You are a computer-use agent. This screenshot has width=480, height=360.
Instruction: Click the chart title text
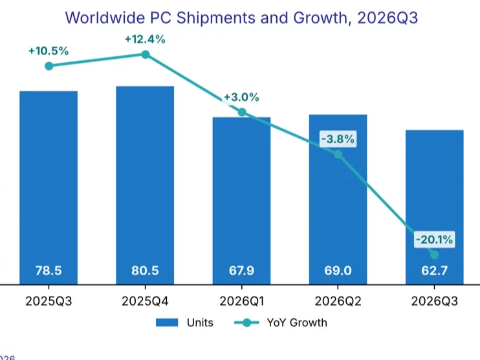[x=241, y=17]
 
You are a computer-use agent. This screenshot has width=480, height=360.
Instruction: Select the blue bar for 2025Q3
[x=49, y=188]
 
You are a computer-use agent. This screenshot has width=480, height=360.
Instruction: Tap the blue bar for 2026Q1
[x=241, y=201]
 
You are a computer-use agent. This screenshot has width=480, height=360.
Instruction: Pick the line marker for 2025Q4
[x=146, y=54]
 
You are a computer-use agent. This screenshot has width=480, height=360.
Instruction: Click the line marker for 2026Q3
[x=434, y=254]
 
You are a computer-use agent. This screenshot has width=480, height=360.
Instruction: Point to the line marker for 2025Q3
[x=49, y=66]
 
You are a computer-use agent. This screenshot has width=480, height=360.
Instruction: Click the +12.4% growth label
[x=145, y=39]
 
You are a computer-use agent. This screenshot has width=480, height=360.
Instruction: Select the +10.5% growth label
[x=49, y=51]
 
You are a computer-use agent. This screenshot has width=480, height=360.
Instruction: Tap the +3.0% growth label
[x=241, y=97]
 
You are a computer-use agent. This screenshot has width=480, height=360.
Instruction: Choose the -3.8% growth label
[x=338, y=139]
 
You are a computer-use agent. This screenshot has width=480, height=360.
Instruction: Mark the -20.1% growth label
[x=434, y=240]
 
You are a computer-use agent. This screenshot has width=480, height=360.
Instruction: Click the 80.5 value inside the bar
[x=145, y=271]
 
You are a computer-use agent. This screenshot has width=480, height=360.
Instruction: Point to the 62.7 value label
[x=434, y=271]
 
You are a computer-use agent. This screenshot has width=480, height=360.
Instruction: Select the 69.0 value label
[x=338, y=271]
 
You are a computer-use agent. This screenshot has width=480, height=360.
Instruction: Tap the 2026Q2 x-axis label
[x=338, y=301]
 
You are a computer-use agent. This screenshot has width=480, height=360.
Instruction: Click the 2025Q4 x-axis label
[x=145, y=301]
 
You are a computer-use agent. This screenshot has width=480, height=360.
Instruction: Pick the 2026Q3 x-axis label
[x=434, y=301]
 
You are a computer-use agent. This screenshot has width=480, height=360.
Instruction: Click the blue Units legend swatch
[x=167, y=322]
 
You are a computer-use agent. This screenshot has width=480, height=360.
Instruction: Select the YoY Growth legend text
[x=297, y=322]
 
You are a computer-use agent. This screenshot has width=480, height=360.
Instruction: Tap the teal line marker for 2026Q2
[x=338, y=154]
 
